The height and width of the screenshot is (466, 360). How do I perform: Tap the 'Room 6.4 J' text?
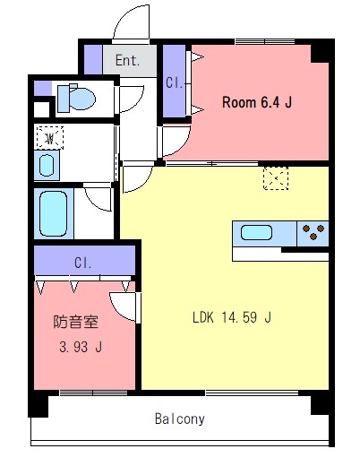[x=257, y=103]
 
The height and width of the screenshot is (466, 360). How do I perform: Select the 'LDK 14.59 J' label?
[x=232, y=316]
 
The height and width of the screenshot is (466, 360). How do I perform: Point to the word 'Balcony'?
[x=179, y=419]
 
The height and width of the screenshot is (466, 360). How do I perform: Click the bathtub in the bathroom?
[x=54, y=212]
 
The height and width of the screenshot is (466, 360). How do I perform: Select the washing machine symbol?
[x=50, y=138]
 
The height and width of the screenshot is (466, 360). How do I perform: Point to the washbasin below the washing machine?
[x=47, y=165]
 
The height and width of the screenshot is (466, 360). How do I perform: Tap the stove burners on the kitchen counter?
[x=313, y=233]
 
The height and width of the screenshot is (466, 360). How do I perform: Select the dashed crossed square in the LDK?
[x=275, y=179]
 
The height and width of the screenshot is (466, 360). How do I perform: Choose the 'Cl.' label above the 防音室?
[x=83, y=263]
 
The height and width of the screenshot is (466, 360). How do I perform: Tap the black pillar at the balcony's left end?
[x=38, y=405]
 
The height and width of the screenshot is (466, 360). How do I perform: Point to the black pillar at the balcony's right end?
[x=321, y=405]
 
